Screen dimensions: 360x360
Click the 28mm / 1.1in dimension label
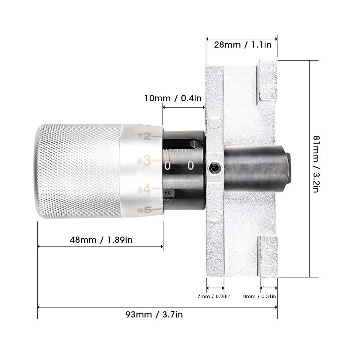point(243,45)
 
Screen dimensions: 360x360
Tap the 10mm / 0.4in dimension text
point(173,98)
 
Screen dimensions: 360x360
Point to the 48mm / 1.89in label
point(101,240)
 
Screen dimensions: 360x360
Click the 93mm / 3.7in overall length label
point(154,314)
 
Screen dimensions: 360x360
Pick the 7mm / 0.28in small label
point(214,296)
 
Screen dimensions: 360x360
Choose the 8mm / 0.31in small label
point(259,296)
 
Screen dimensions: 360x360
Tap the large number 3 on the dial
point(147,161)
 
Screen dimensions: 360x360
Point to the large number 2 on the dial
point(147,136)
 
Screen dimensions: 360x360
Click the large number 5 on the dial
point(148,210)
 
